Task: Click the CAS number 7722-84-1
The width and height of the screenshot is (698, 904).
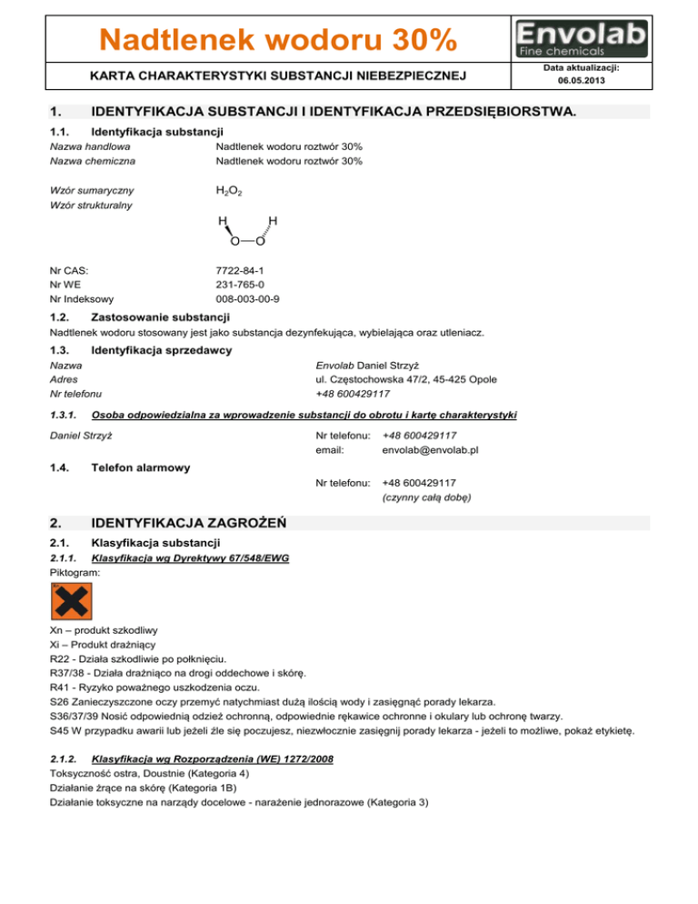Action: coord(241,270)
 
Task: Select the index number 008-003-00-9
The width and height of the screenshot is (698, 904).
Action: coord(247,298)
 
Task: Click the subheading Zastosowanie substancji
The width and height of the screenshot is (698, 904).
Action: coord(161,316)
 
